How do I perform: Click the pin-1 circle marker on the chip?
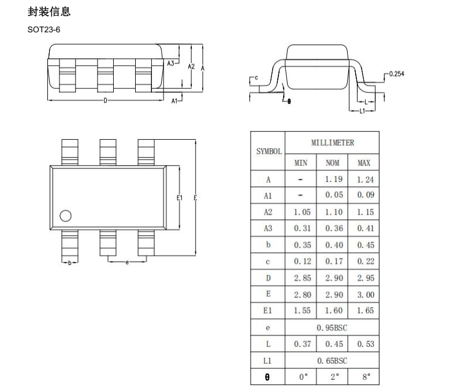tap(65, 216)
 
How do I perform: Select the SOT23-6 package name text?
tap(44, 30)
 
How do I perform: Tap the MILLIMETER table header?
tap(333, 143)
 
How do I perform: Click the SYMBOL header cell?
tap(269, 151)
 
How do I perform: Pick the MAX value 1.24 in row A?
tap(365, 180)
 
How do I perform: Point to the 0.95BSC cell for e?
tap(332, 328)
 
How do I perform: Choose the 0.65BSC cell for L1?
tap(332, 361)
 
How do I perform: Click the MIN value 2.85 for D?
tap(302, 278)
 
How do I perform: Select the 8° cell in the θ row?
tap(366, 377)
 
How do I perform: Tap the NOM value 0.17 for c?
tap(334, 261)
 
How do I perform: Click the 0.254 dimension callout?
tap(397, 74)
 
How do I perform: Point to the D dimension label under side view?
tap(105, 100)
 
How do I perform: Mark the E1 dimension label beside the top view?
tap(180, 198)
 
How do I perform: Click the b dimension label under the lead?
tap(69, 263)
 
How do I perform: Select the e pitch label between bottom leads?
tap(127, 263)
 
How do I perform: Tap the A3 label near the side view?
tap(170, 64)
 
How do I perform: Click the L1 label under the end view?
tap(362, 111)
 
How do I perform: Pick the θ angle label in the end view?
tap(289, 101)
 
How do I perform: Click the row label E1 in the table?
tap(267, 311)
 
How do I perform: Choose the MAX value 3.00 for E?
tap(366, 294)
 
